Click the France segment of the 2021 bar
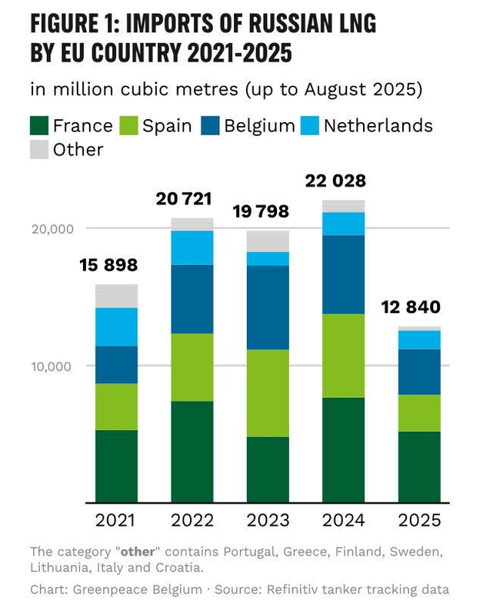tap(116, 466)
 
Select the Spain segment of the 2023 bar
tap(268, 393)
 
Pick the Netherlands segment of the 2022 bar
tap(192, 248)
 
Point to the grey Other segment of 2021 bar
tap(116, 296)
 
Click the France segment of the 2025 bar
tap(419, 467)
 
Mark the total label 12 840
tap(411, 307)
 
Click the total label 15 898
tap(108, 266)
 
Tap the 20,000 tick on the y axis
tap(52, 228)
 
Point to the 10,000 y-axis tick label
tap(52, 366)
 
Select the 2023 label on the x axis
tap(268, 520)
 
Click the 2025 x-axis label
tap(419, 520)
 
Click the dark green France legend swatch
tap(39, 125)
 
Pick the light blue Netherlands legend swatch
tap(310, 125)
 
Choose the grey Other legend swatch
tap(39, 148)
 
